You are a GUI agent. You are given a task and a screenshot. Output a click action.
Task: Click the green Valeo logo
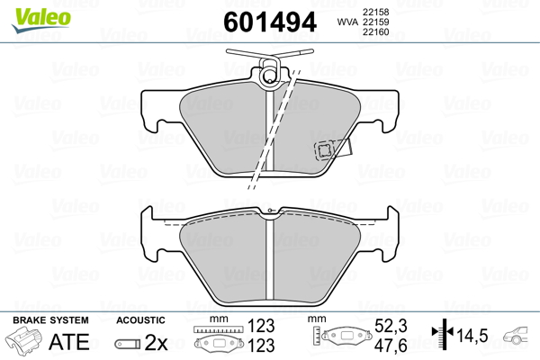pos(41,20)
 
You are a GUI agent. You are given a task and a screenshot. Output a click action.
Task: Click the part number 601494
pos(270,22)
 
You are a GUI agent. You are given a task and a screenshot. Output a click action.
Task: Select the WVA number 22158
pos(375,12)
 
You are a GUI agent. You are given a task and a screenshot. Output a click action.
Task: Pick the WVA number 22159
pos(375,22)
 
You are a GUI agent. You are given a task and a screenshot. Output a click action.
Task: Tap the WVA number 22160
pos(375,32)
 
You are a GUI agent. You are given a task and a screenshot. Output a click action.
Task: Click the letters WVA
pos(347,22)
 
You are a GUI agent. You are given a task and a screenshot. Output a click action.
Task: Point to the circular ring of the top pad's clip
pos(269,75)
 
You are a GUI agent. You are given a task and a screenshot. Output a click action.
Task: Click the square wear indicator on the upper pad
pos(324,150)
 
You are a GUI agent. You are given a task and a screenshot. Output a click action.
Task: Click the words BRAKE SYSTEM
pos(50,320)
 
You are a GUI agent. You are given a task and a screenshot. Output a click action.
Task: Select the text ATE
pos(69,342)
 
